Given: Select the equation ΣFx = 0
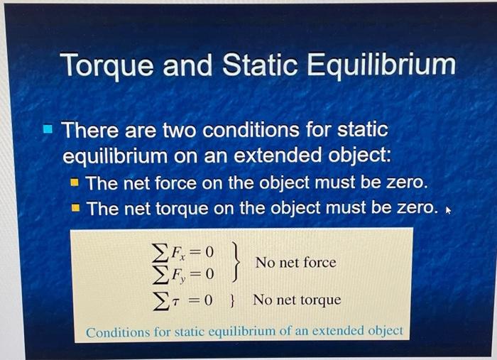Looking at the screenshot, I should point(182,252).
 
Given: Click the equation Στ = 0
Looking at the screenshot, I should point(182,300).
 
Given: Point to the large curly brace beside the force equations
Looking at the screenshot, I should point(235,262).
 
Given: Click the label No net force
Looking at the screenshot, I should point(295,263).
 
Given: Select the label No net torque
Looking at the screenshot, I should point(297,300).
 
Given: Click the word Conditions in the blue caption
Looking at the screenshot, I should point(116,332).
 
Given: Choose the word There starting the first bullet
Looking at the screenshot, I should point(89,131).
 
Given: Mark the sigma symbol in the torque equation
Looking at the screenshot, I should point(160,300).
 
